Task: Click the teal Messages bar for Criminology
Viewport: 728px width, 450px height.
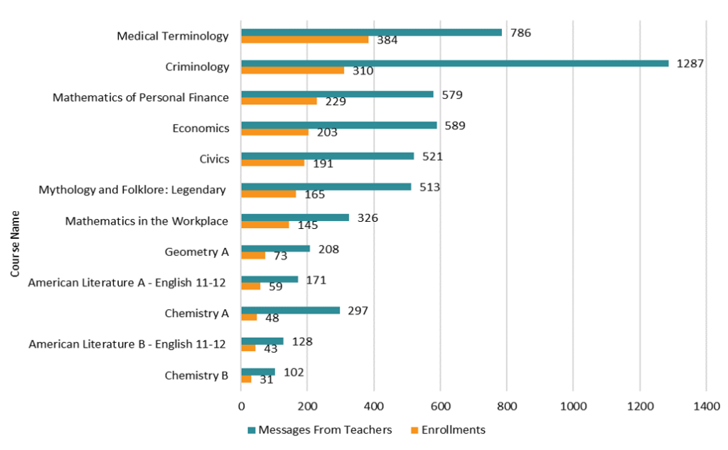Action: point(455,63)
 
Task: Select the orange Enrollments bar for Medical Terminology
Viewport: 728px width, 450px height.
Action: point(305,40)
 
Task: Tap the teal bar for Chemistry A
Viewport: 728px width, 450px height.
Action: point(291,310)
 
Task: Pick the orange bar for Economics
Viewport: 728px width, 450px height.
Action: point(275,132)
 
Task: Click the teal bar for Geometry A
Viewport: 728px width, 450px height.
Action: point(276,248)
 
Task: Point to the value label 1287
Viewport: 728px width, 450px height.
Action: point(690,63)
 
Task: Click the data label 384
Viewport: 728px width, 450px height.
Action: point(387,41)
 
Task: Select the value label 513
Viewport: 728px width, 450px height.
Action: point(429,187)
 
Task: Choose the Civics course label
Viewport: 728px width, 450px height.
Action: point(215,159)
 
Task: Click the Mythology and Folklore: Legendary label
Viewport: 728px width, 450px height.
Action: point(132,190)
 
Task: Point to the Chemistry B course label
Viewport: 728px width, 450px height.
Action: point(196,375)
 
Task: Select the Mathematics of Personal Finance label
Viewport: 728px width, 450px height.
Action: point(141,97)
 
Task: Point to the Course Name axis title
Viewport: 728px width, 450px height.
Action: point(14,242)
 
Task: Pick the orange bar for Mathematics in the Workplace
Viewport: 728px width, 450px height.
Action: point(265,225)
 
